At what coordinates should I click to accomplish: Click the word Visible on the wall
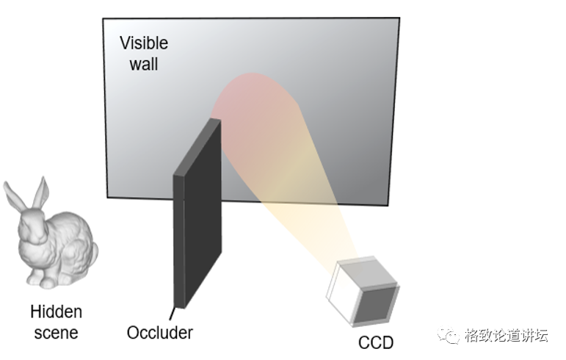pos(144,43)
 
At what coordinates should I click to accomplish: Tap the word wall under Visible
pos(144,63)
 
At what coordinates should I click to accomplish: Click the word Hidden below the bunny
pos(56,312)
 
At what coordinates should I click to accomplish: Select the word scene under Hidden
pos(56,332)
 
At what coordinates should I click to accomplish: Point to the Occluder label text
pos(159,332)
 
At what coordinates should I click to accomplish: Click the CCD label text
pos(376,342)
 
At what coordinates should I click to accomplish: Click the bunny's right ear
pos(41,192)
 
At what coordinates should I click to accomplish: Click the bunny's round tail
pos(93,253)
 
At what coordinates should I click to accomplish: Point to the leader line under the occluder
pos(173,313)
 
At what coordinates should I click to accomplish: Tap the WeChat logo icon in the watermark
pos(448,335)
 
